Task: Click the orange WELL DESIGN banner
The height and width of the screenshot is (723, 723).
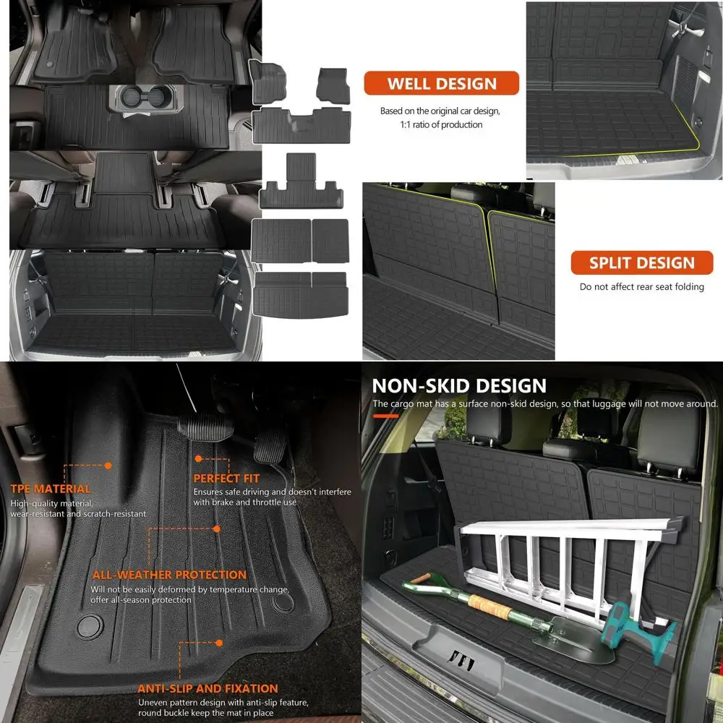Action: coord(441,83)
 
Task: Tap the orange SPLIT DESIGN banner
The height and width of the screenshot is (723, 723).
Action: coord(641,262)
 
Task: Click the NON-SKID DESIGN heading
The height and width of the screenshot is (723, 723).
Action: coord(459,385)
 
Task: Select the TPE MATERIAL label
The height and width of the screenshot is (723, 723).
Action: coord(51,489)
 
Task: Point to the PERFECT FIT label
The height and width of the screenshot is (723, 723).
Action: coord(226,479)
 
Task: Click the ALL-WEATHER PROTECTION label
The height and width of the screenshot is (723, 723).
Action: coord(169,575)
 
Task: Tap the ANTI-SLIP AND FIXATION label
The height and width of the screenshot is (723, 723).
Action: coord(208,688)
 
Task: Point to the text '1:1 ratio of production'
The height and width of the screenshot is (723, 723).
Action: coord(441,124)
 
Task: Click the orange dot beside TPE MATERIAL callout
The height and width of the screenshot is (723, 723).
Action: coord(108,466)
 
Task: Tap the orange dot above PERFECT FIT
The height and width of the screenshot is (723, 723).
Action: coord(197,458)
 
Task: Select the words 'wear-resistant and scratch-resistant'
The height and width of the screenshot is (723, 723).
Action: coord(78,513)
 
